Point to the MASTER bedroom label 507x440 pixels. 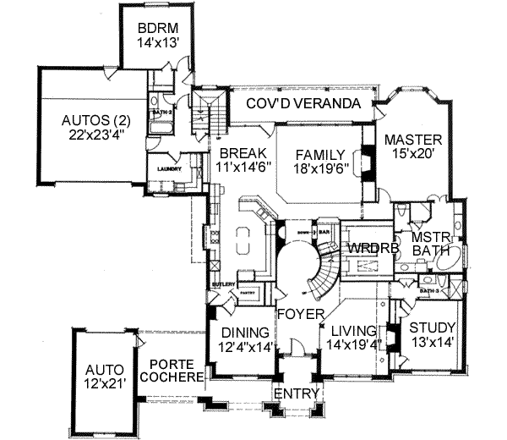click(x=414, y=140)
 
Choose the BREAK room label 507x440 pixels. click(x=239, y=153)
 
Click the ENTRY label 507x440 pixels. click(x=295, y=394)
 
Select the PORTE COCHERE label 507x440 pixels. click(x=172, y=371)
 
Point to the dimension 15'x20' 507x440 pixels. click(x=414, y=155)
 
